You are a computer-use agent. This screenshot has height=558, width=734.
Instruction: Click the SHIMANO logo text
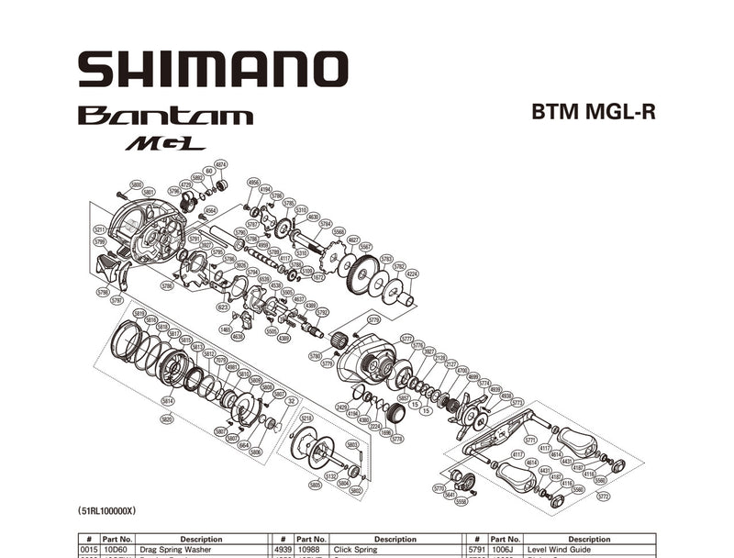pos(212,70)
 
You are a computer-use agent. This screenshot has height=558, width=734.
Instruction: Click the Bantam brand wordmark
pos(165,116)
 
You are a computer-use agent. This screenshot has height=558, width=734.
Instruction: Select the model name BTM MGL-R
pos(594,112)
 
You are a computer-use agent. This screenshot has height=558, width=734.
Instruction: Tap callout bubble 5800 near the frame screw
pos(136,184)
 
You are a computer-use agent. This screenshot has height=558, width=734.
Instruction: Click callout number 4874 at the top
pos(220,164)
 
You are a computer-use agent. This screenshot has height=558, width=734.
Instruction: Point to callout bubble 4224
pos(412,273)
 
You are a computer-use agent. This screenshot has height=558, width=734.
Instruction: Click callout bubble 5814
pos(168,400)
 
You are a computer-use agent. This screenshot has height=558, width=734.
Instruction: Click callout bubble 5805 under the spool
pos(316,485)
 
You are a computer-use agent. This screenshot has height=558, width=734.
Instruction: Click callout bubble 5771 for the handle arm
pos(529,441)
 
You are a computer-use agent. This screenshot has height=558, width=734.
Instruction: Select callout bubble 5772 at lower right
pos(603,497)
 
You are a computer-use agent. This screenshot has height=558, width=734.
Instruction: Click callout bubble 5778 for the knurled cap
pos(397,440)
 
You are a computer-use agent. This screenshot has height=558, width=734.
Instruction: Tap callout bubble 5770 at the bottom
pos(439,489)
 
